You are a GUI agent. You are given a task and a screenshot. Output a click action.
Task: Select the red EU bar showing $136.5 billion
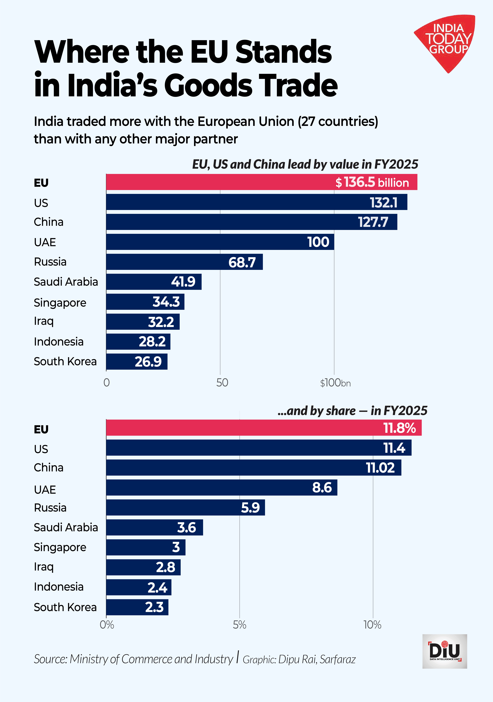tap(262, 182)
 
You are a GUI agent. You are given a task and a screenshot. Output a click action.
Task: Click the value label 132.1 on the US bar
tap(384, 202)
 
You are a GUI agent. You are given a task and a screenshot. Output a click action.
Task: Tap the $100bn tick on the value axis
tap(335, 383)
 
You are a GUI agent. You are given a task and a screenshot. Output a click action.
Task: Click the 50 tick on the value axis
tap(222, 383)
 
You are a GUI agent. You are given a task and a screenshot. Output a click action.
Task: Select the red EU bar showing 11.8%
tap(264, 428)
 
